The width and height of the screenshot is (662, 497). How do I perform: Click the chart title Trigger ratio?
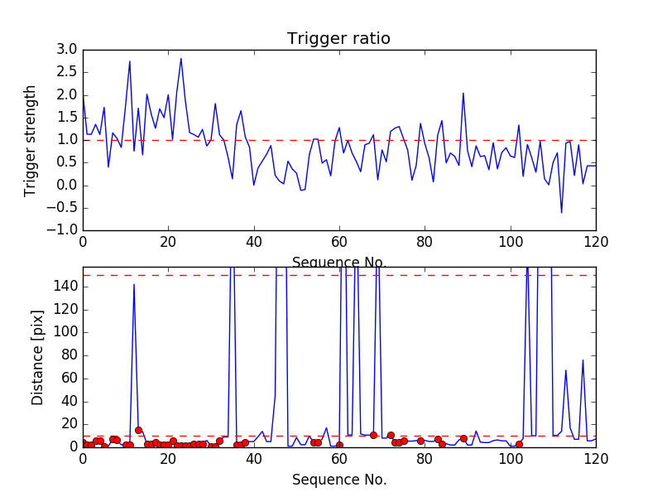coord(338,39)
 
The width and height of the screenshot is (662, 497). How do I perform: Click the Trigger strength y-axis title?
coord(31,140)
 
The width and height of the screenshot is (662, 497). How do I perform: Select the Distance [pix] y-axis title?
coord(37,357)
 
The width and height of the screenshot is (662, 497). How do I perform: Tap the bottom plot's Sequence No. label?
coord(338,480)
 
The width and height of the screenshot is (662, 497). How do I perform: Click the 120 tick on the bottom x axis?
coord(595,460)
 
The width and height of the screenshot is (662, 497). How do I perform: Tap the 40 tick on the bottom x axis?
coord(253,460)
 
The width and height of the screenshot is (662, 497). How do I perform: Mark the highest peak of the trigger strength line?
coord(180,58)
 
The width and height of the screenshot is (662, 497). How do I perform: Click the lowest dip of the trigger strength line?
coord(561,213)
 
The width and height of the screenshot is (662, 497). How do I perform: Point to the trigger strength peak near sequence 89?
coord(463,93)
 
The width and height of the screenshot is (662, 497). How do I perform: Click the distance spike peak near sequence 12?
coord(134,284)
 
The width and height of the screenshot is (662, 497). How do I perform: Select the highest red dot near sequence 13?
coord(138,430)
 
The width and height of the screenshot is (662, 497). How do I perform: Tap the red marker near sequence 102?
coord(519,445)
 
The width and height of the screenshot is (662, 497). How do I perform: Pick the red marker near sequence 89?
coord(463,438)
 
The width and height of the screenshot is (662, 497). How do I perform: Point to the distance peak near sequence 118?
coord(583,359)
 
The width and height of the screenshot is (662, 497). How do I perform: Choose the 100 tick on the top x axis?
coord(510,243)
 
